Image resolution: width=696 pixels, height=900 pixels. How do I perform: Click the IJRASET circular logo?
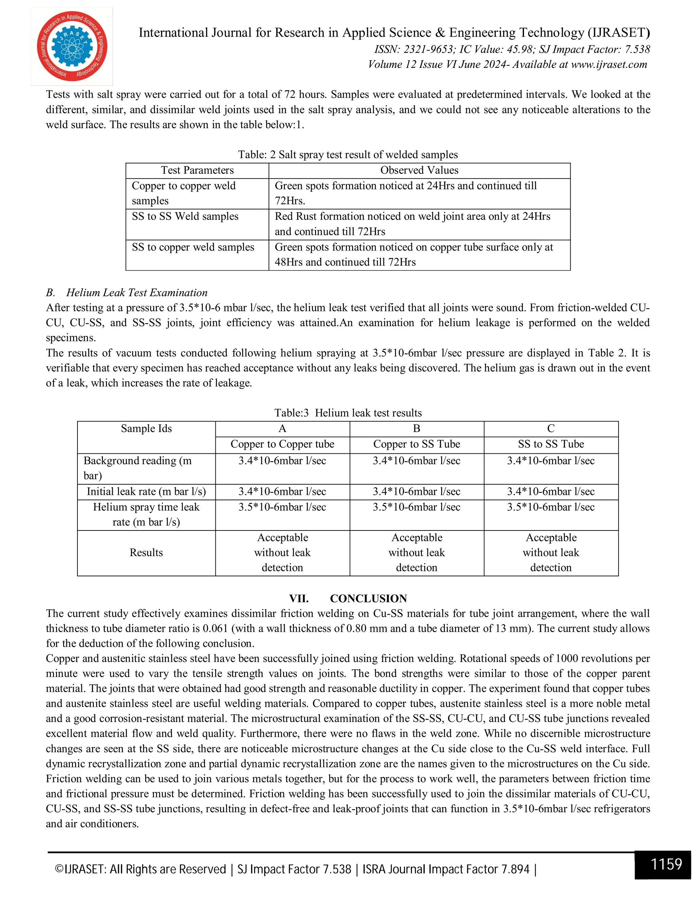coord(72,46)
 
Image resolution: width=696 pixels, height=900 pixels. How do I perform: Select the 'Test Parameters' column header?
coord(197,170)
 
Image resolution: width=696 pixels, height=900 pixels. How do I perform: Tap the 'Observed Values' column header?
coord(419,170)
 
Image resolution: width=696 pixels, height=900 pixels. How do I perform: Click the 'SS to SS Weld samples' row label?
coord(185,216)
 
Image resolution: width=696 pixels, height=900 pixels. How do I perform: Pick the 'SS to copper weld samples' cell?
coord(193,247)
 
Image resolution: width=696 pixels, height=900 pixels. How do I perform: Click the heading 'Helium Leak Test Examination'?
coord(137,292)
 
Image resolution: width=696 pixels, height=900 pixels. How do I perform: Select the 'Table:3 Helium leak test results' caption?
coord(348,413)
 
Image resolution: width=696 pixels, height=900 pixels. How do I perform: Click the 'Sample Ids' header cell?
coord(146,429)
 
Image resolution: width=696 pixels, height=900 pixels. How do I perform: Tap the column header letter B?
coord(416,429)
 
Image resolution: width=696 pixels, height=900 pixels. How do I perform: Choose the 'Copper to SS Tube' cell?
coord(416,444)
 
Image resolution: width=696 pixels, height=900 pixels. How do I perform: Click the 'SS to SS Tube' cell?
coord(551,444)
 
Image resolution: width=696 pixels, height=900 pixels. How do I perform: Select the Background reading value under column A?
coord(282,461)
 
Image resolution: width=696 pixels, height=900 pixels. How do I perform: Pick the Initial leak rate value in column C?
coord(551,492)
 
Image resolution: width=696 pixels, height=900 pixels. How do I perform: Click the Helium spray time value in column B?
coord(416,507)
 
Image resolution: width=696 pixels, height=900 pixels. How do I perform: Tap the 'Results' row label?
coord(146,553)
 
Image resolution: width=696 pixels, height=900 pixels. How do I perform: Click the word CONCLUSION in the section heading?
coord(368,598)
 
